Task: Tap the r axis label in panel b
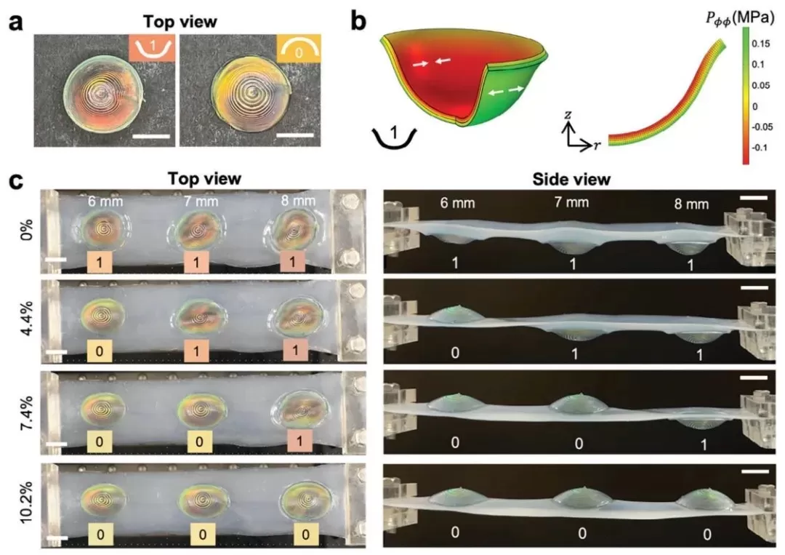pyautogui.click(x=597, y=145)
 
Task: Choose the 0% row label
pyautogui.click(x=25, y=232)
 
